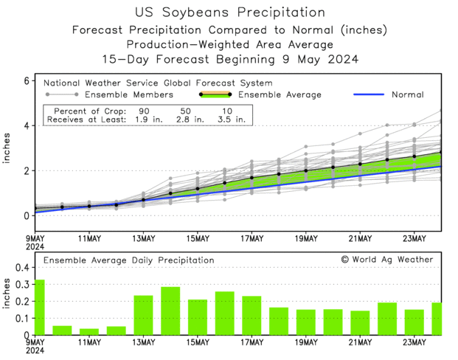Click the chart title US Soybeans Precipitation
[x=230, y=12]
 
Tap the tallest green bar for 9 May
[x=39, y=307]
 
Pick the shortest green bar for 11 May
[x=89, y=331]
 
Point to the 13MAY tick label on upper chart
[x=143, y=239]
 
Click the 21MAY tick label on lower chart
[x=360, y=343]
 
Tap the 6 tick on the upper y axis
[x=26, y=80]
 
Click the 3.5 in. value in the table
[x=229, y=119]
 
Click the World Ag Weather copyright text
[x=387, y=260]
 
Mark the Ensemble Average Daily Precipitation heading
[x=128, y=260]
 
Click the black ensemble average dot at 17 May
[x=251, y=178]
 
